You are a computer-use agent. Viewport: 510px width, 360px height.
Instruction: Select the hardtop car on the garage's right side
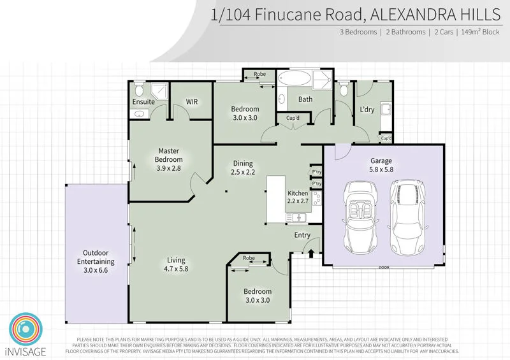[x=407, y=215]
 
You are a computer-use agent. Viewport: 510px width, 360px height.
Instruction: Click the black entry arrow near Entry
[x=311, y=253]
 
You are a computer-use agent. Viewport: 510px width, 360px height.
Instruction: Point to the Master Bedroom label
[x=170, y=155]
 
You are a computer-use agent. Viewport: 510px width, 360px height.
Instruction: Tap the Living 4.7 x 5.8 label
[x=176, y=264]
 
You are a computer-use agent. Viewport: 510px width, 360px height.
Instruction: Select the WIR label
[x=191, y=101]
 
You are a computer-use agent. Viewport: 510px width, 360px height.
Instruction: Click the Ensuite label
[x=143, y=101]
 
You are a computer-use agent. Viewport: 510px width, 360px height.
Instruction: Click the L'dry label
[x=367, y=110]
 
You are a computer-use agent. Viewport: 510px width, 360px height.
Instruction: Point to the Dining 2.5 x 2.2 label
[x=242, y=168]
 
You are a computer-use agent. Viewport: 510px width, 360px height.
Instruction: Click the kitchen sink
[x=298, y=218]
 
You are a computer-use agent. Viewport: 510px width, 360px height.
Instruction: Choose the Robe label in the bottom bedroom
[x=249, y=259]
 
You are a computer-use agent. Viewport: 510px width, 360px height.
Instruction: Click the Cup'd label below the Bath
[x=293, y=119]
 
